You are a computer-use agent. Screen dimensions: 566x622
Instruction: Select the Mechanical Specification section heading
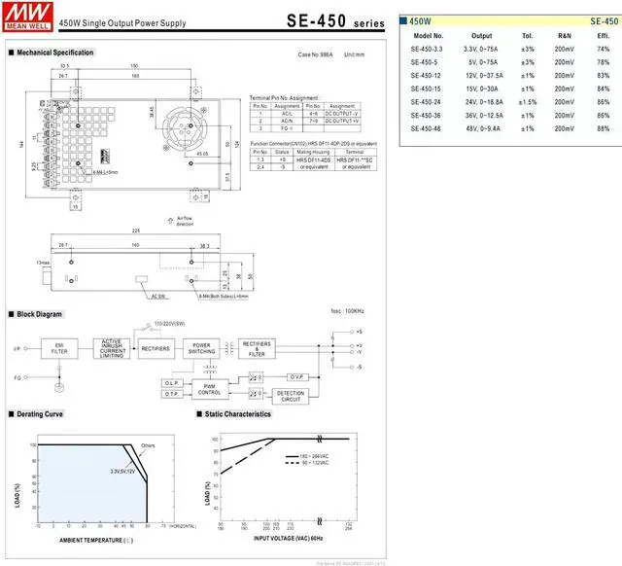point(54,53)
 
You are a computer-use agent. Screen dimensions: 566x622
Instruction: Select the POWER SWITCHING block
point(201,348)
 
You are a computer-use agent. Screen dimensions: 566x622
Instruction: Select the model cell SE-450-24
point(427,101)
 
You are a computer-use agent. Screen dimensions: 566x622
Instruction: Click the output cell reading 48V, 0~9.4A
point(482,128)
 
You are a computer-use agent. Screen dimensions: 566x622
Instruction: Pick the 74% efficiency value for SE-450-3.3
point(603,48)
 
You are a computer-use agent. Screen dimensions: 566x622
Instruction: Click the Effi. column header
point(603,35)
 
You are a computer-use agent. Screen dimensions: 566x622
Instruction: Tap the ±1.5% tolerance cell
point(528,101)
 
